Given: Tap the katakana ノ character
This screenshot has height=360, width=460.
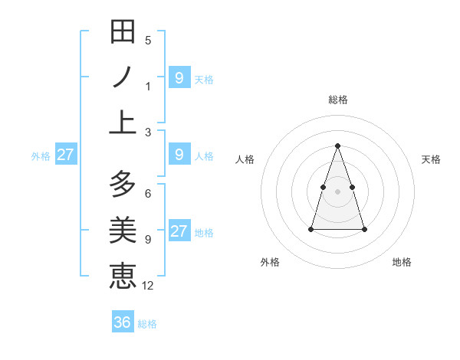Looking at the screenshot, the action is pyautogui.click(x=123, y=77).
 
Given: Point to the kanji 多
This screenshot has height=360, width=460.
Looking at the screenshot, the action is pyautogui.click(x=123, y=185).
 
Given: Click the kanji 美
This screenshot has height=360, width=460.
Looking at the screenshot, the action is pyautogui.click(x=123, y=230).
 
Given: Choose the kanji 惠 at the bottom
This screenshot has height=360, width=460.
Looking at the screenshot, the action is pyautogui.click(x=123, y=275).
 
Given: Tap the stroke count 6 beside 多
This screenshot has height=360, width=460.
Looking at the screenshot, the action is pyautogui.click(x=148, y=194).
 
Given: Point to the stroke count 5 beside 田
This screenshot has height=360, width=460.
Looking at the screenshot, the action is pyautogui.click(x=148, y=41).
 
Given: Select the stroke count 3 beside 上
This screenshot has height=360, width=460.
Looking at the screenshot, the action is pyautogui.click(x=148, y=132).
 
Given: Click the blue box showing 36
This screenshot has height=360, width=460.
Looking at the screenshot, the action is pyautogui.click(x=123, y=322).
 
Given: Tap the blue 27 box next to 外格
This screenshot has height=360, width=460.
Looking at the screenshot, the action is pyautogui.click(x=65, y=155).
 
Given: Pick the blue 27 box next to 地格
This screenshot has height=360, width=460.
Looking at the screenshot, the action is pyautogui.click(x=179, y=231).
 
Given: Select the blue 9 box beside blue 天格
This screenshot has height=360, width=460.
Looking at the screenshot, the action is pyautogui.click(x=179, y=77).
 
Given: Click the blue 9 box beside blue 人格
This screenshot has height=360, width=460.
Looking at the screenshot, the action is pyautogui.click(x=179, y=155).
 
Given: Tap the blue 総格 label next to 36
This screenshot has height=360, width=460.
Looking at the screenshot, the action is pyautogui.click(x=147, y=324).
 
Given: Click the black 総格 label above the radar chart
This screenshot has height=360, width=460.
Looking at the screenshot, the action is pyautogui.click(x=337, y=100).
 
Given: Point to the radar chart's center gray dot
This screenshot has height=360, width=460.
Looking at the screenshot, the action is pyautogui.click(x=337, y=191).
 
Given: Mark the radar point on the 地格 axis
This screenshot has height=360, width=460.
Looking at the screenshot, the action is pyautogui.click(x=364, y=229).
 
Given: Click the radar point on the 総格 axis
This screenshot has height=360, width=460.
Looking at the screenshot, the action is pyautogui.click(x=337, y=146).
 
